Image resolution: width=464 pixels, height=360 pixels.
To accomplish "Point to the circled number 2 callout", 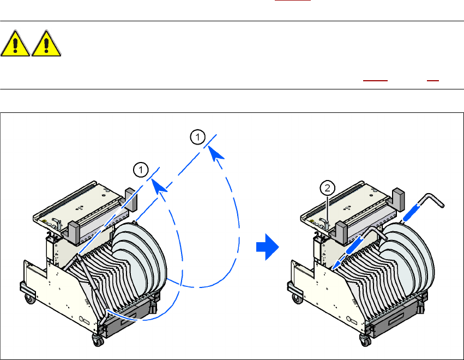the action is [x=326, y=188].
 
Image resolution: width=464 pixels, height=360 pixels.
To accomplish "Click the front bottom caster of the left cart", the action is [x=98, y=340].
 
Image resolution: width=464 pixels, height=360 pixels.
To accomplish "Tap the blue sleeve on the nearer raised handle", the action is [x=356, y=240].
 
